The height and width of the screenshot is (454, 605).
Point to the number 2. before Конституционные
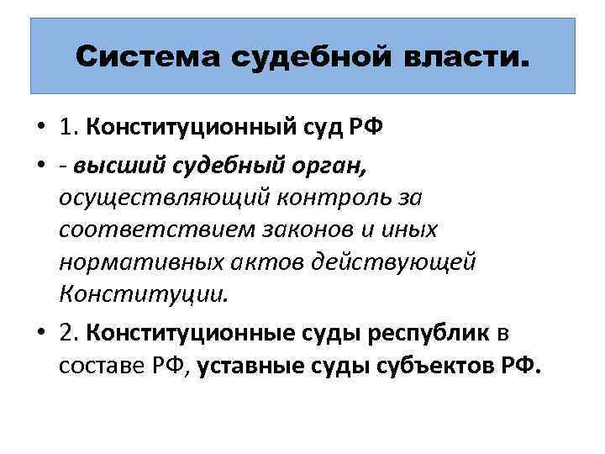pos(71,334)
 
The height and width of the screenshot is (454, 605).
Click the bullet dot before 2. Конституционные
pos(41,335)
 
